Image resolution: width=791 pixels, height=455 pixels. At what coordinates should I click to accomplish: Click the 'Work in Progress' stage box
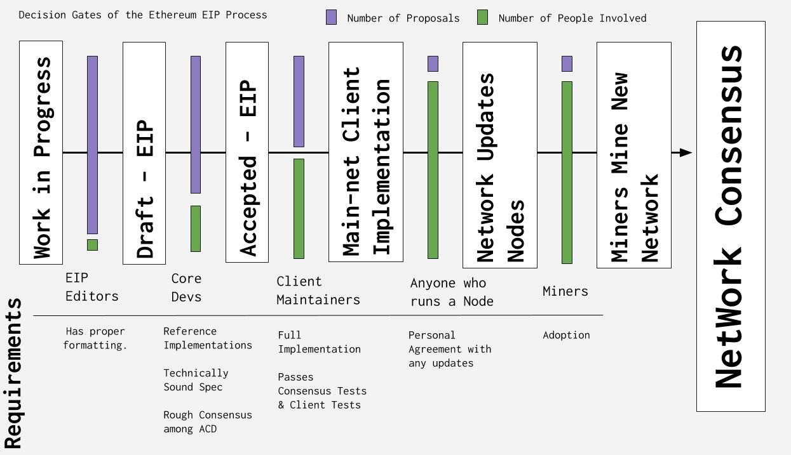(x=41, y=152)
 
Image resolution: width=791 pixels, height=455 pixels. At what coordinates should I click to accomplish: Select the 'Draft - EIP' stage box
(x=144, y=153)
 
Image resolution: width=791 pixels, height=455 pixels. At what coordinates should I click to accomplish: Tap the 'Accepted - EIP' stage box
(x=247, y=152)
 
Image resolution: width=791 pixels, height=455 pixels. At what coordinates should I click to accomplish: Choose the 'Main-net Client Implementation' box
(x=366, y=152)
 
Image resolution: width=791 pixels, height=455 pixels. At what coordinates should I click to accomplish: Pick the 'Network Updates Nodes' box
(x=500, y=155)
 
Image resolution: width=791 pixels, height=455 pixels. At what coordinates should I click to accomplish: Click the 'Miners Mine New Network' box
(x=634, y=155)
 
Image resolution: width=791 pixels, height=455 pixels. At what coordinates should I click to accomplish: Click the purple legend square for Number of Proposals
(x=331, y=17)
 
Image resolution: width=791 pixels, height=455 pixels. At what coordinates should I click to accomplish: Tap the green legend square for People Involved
(x=482, y=17)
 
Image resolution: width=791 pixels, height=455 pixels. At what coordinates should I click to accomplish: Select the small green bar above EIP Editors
(x=93, y=245)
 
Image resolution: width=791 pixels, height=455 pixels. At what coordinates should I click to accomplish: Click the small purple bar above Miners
(x=567, y=64)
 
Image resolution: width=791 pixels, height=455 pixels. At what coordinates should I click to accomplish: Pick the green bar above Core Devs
(x=196, y=228)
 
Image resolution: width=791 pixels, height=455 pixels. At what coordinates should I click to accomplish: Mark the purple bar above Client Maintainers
(x=299, y=102)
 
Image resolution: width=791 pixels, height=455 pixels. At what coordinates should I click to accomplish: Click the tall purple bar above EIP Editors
(x=93, y=145)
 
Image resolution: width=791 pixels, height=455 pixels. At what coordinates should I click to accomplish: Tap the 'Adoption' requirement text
(x=567, y=335)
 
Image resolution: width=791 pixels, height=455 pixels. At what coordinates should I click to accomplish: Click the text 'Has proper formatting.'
(x=95, y=338)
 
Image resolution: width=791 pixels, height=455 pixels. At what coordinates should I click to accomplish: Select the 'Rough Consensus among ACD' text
(x=208, y=422)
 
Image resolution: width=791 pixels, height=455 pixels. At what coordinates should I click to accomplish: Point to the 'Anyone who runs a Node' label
(x=452, y=292)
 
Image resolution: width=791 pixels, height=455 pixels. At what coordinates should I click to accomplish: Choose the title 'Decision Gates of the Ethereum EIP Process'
(x=143, y=15)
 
